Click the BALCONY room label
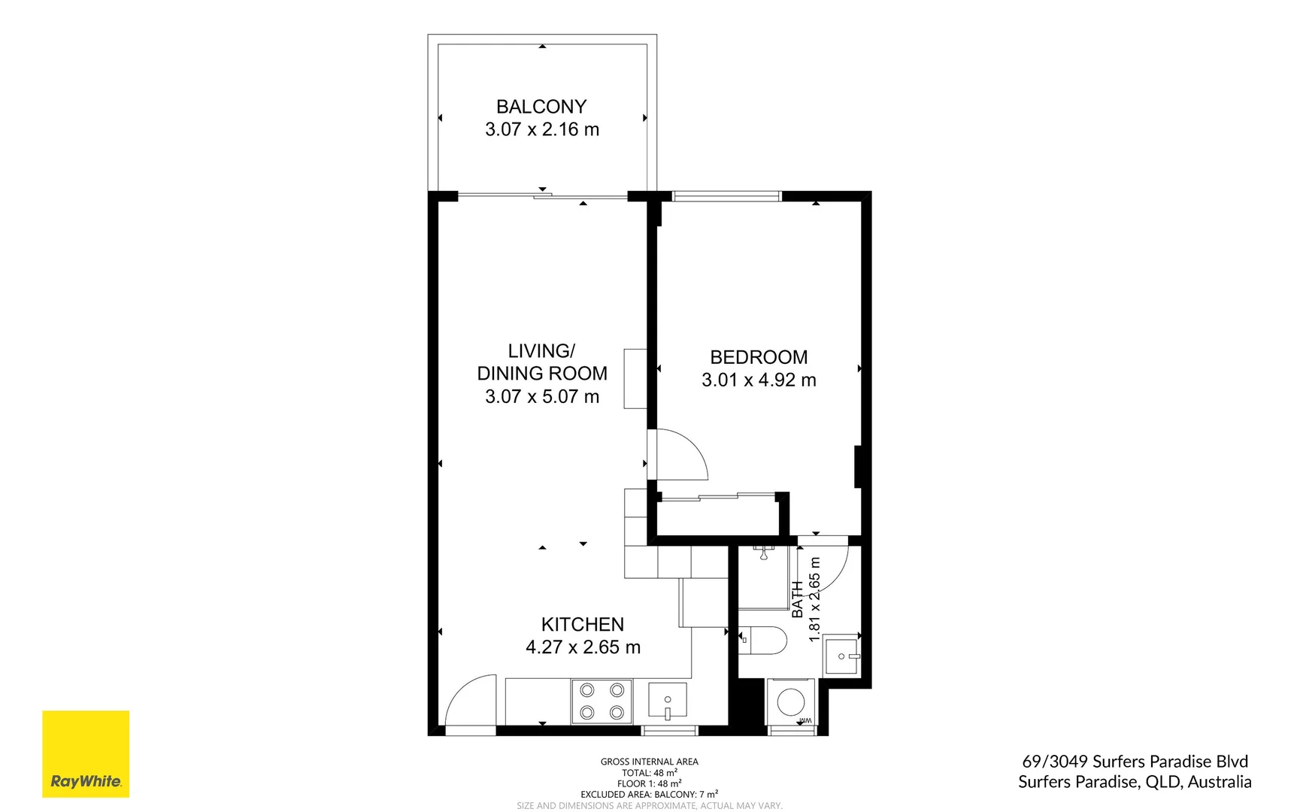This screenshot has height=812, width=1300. [541, 107]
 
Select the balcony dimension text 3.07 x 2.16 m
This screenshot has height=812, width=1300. [542, 129]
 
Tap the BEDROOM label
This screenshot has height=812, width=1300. [759, 357]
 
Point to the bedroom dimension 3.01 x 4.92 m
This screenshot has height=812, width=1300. [759, 380]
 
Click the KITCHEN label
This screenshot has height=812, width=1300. [583, 624]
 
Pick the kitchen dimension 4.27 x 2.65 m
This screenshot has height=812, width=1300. [583, 647]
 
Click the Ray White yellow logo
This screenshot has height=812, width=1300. [86, 753]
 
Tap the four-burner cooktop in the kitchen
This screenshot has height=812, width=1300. [602, 701]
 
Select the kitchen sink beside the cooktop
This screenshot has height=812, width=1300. [667, 700]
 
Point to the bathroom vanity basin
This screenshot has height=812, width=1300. [841, 656]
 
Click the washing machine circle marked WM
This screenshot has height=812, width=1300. [790, 703]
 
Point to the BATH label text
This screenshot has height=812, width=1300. [797, 599]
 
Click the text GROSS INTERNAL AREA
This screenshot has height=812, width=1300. [649, 762]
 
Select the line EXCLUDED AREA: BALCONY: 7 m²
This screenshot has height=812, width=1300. [649, 794]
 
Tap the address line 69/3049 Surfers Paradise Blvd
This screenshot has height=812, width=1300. [1135, 762]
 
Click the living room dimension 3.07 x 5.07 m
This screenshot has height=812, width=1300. [542, 396]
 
